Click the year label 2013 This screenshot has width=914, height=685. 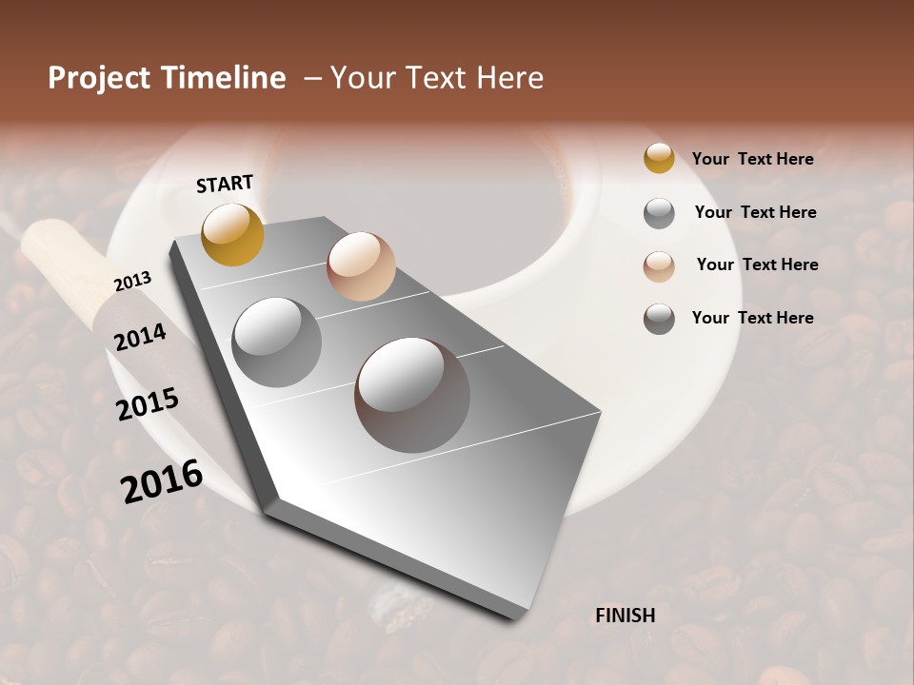point(132,281)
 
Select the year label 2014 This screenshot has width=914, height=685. point(141,337)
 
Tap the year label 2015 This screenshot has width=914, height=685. point(148,404)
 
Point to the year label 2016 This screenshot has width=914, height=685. point(162,481)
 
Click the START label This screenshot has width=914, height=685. point(225,184)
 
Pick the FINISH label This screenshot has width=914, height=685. point(626,616)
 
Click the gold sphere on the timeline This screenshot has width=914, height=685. point(232,234)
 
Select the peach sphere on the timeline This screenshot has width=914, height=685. point(361,266)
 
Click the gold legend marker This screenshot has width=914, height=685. point(659,159)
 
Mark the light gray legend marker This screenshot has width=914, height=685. point(659,213)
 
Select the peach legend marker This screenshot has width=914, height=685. point(659,266)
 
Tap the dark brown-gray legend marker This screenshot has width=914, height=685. point(659,319)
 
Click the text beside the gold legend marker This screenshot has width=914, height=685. point(753,159)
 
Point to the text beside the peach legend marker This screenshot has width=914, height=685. point(757,264)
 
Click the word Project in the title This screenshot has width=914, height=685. point(98,78)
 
